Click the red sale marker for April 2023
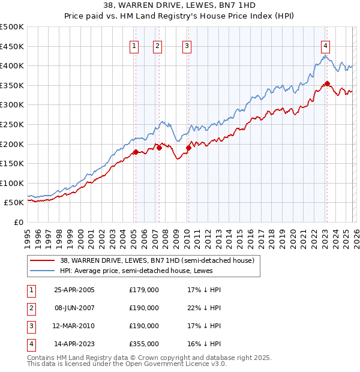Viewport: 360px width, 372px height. [327, 83]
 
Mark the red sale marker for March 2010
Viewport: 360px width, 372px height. [188, 148]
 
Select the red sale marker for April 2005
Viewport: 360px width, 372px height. [136, 152]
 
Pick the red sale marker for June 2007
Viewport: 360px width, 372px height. [159, 148]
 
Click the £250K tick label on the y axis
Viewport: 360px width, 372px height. [12, 124]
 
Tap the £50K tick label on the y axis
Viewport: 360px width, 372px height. [14, 203]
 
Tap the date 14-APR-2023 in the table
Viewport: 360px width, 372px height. [74, 344]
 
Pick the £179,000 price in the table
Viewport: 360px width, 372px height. [144, 290]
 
